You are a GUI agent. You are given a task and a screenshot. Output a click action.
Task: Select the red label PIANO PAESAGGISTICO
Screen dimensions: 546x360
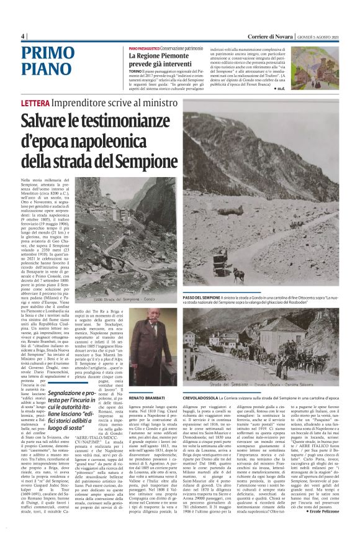pyautogui.click(x=145, y=48)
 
